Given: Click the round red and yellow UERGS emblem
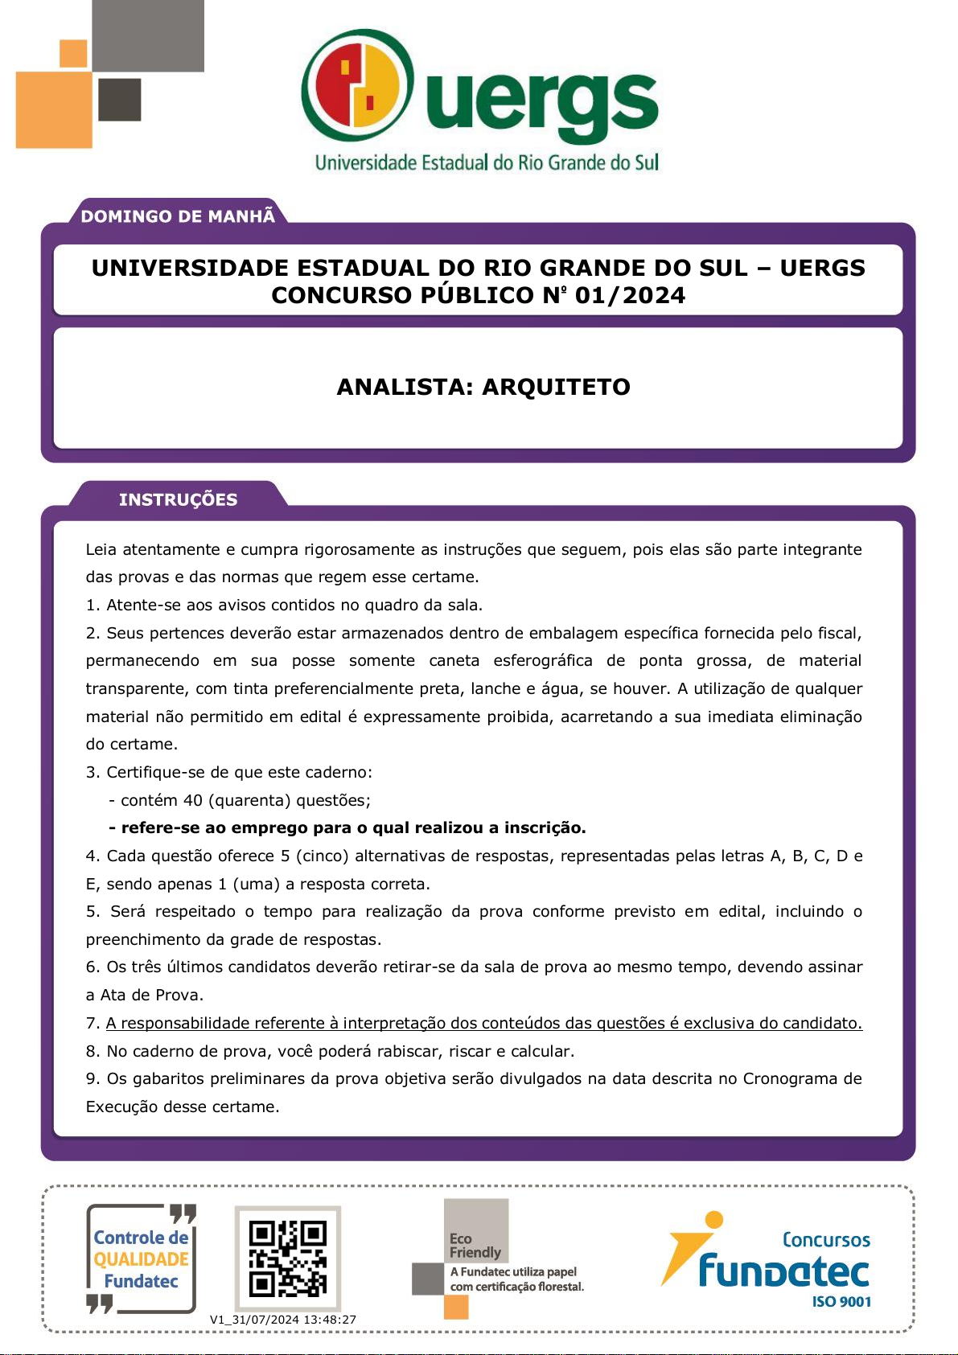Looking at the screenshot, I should click(x=358, y=86).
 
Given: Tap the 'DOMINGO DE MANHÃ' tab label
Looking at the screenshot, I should click(x=178, y=216).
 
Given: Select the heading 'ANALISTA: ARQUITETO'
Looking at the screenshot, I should click(x=483, y=387).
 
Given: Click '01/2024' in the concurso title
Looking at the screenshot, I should click(x=630, y=295).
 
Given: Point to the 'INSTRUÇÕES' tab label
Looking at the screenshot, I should click(x=178, y=499).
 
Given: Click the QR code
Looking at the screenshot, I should click(x=287, y=1259).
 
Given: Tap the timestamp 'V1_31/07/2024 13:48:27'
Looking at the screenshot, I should click(x=283, y=1320).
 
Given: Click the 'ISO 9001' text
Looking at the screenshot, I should click(x=841, y=1302).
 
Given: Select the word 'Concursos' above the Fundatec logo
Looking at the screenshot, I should click(x=826, y=1240).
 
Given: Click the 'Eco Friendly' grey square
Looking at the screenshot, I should click(x=476, y=1230).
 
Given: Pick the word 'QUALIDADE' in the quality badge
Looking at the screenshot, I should click(x=141, y=1259).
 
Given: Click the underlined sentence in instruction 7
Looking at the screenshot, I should click(x=483, y=1023).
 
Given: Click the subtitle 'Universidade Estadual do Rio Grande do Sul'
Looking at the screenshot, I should click(x=487, y=163).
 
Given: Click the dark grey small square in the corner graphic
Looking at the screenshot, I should click(x=119, y=100).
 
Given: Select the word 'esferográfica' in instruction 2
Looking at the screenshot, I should click(x=543, y=660).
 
